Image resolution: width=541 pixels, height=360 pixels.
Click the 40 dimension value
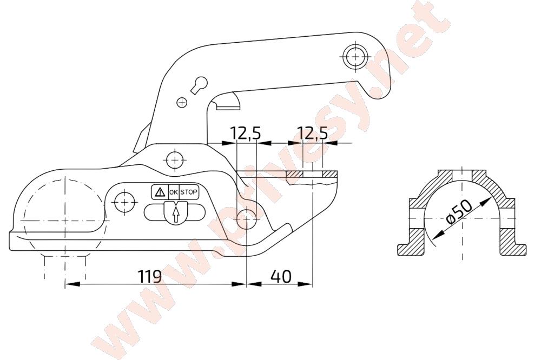pos(281,276)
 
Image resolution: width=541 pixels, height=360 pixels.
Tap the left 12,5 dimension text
pos(246,133)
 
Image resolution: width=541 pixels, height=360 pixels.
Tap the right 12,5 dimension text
pos(313,133)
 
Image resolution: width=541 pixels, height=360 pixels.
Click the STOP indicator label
pos(189,192)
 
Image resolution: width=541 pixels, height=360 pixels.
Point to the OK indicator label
pos(174,192)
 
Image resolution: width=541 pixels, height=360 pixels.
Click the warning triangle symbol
pos(160,192)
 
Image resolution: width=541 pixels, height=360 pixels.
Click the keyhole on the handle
pos(200,84)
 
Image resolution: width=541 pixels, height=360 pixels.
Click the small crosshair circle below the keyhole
pos(181,102)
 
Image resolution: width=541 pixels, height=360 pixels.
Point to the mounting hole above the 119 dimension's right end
pos(247,219)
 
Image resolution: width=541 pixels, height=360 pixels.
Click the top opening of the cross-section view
pos(462,174)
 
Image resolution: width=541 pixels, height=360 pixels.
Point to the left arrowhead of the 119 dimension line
pos(72,284)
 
